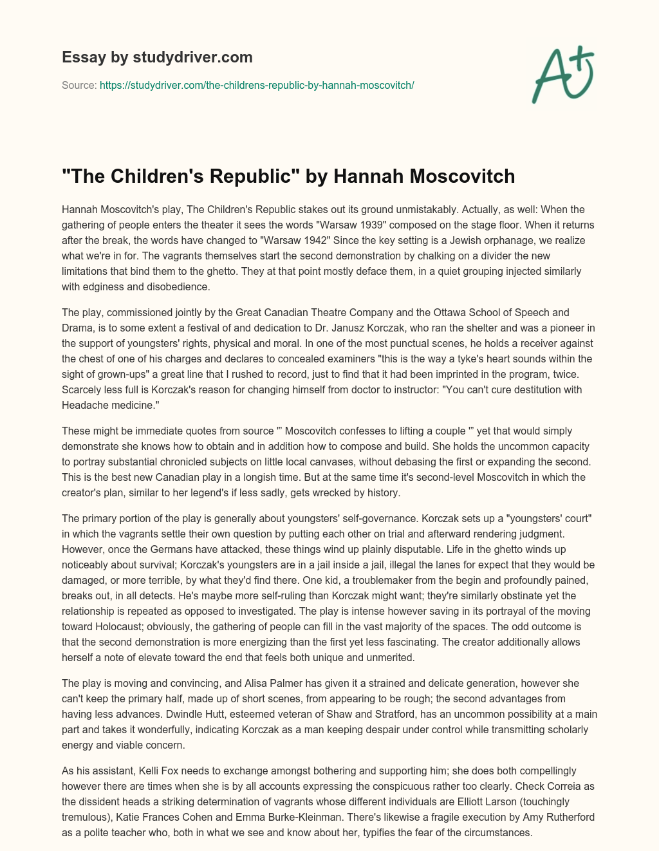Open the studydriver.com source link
pos(257,85)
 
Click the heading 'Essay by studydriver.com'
pos(157,57)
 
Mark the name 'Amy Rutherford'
pos(555,817)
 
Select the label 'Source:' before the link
pos(79,85)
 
